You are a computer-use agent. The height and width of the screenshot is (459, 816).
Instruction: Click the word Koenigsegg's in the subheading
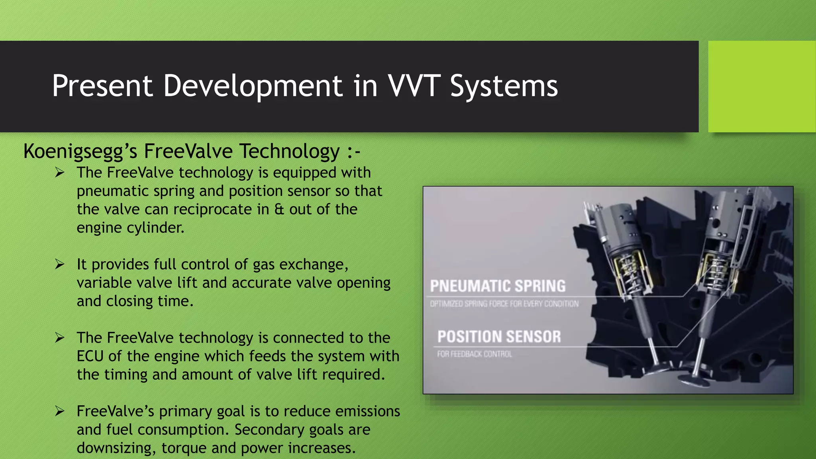[x=80, y=152]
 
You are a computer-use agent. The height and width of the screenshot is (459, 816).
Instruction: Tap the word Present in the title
[x=102, y=86]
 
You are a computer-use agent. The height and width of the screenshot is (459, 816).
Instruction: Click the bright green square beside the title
[x=761, y=86]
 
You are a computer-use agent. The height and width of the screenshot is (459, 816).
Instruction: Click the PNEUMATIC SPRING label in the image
[x=498, y=286]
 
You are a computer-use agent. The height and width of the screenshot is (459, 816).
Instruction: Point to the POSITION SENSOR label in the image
[x=499, y=337]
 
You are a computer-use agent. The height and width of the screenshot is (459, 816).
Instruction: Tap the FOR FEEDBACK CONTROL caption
[x=474, y=354]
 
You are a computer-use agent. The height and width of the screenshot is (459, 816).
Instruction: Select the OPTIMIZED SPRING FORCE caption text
[x=504, y=304]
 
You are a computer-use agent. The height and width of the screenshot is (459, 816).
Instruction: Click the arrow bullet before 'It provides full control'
[x=60, y=264]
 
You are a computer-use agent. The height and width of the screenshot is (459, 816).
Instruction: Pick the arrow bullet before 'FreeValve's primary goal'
[x=60, y=411]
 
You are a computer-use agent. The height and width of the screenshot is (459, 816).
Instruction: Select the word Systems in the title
[x=504, y=86]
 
